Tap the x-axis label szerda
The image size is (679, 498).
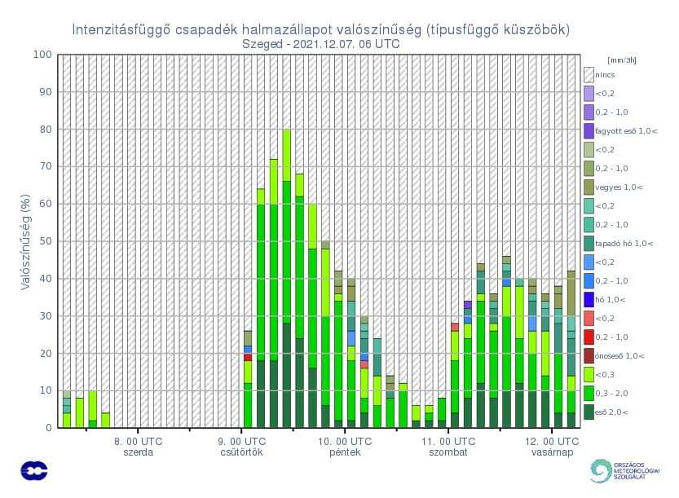[x=138, y=452]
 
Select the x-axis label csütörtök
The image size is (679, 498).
[x=241, y=452]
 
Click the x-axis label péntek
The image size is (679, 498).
[x=346, y=452]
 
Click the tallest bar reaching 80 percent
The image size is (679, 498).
[x=286, y=277]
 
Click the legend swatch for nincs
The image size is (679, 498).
[x=589, y=74]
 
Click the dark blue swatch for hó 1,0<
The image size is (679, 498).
[x=589, y=299]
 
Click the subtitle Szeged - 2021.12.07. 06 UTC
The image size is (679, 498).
[x=321, y=44]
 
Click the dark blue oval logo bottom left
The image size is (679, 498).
[x=34, y=470]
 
